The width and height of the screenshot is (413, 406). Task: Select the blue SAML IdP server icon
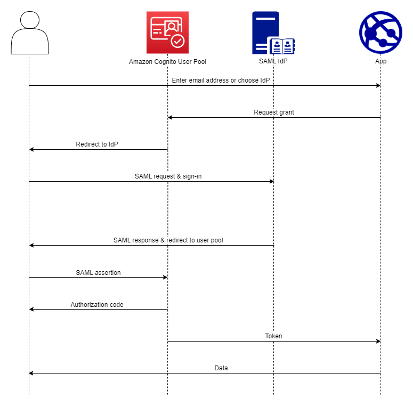click(273, 33)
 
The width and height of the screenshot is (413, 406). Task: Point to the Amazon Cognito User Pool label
click(167, 62)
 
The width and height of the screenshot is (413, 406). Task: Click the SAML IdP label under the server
click(273, 61)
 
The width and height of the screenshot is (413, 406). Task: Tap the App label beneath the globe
click(380, 61)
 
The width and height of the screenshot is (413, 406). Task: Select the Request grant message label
click(274, 112)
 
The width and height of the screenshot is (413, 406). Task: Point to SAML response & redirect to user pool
click(168, 240)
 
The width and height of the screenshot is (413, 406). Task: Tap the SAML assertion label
click(98, 272)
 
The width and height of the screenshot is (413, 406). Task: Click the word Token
click(274, 336)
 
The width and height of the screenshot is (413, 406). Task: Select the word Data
click(221, 368)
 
